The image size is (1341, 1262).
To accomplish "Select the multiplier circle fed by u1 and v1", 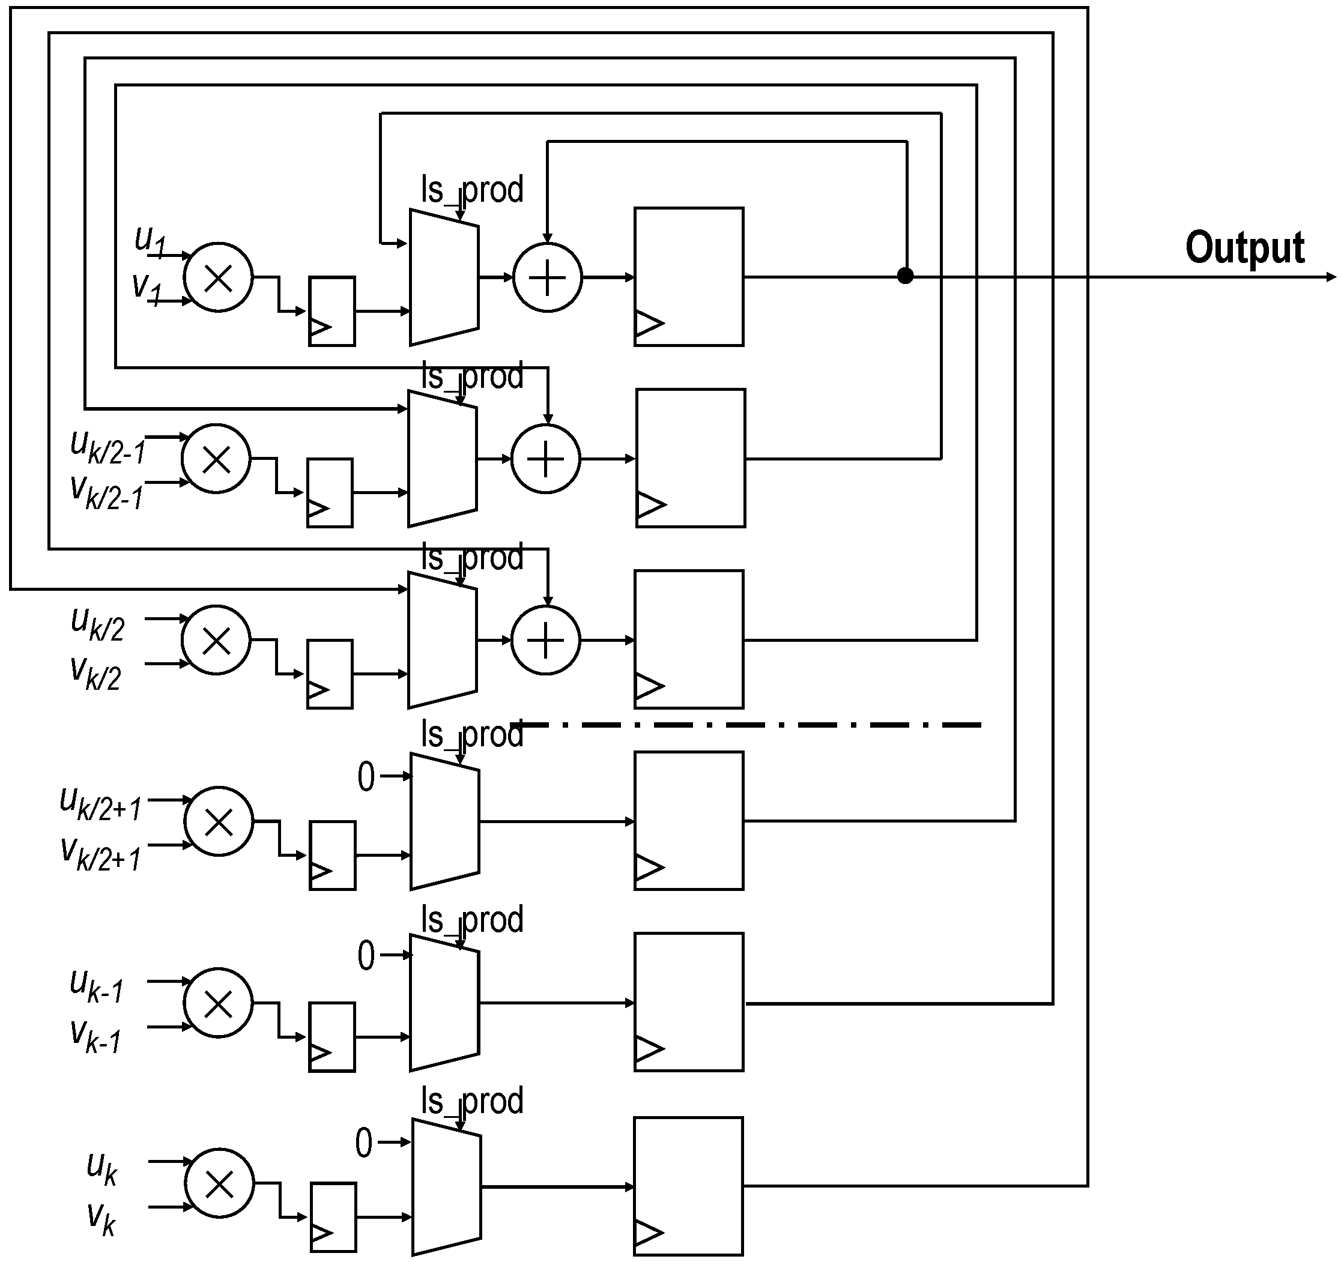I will [218, 277].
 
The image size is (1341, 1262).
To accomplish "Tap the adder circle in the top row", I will [547, 277].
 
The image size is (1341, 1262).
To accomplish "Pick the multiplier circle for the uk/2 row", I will [216, 640].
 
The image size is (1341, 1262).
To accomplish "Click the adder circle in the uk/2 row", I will [545, 640].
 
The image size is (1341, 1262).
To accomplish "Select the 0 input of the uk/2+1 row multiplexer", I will [366, 777].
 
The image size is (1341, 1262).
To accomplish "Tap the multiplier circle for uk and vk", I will [219, 1184].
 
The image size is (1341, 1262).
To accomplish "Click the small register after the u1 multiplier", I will [331, 311].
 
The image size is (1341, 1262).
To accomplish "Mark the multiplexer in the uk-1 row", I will [444, 1002].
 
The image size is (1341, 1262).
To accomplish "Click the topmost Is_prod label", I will [472, 190].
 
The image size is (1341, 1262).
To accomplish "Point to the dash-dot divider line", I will [749, 725].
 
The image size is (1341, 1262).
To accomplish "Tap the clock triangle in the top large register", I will [648, 324].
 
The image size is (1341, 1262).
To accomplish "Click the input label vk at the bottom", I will [101, 1218].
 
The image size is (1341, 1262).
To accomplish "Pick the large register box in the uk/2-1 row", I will [690, 458].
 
